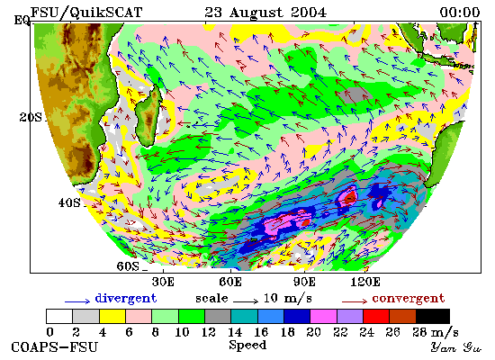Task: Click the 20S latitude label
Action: click(x=31, y=118)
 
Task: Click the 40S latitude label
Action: click(x=69, y=202)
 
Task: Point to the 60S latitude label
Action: click(x=128, y=266)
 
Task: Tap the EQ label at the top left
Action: click(x=22, y=21)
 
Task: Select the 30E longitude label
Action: click(x=163, y=282)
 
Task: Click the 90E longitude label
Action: click(x=304, y=282)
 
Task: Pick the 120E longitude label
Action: click(x=365, y=282)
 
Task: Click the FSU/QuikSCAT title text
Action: click(x=86, y=13)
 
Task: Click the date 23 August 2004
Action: click(x=265, y=13)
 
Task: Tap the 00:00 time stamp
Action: click(x=460, y=13)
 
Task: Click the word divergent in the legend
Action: click(x=126, y=298)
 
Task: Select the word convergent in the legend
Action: click(x=409, y=299)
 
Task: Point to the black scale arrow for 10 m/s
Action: click(x=246, y=301)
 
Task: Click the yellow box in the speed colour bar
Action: click(x=112, y=317)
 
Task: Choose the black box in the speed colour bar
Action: click(x=433, y=317)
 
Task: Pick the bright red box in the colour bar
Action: click(x=376, y=317)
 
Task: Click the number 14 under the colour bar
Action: click(x=235, y=332)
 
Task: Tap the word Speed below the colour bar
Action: click(x=247, y=345)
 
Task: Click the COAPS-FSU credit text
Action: click(x=55, y=347)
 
